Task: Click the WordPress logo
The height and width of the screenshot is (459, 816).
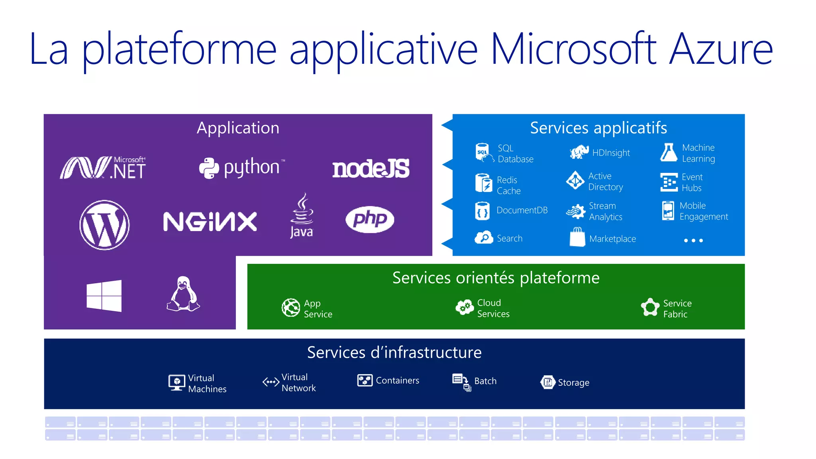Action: [x=104, y=225]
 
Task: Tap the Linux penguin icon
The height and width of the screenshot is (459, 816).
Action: [x=183, y=294]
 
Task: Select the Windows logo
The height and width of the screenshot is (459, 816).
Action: [x=104, y=296]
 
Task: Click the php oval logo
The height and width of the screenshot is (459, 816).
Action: [x=370, y=219]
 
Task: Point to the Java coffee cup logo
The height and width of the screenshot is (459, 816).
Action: [x=302, y=215]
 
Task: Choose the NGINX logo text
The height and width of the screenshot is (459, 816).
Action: [x=210, y=222]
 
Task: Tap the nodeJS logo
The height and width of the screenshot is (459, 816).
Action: [x=371, y=168]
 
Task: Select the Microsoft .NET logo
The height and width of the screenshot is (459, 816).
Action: [x=103, y=168]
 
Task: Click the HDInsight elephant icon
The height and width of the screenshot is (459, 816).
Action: [x=579, y=152]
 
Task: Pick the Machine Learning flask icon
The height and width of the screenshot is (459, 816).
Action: [x=669, y=153]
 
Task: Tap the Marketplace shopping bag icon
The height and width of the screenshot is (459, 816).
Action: [x=577, y=237]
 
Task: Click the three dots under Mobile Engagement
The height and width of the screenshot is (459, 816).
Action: [x=693, y=240]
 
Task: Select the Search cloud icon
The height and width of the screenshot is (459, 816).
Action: [x=484, y=238]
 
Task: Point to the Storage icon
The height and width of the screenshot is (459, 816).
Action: [x=548, y=382]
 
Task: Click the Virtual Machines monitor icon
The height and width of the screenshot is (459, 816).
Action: [x=177, y=382]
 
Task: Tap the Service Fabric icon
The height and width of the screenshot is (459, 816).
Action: [x=650, y=308]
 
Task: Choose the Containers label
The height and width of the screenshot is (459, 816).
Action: [x=397, y=381]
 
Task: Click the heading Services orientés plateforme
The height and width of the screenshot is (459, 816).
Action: [x=496, y=278]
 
